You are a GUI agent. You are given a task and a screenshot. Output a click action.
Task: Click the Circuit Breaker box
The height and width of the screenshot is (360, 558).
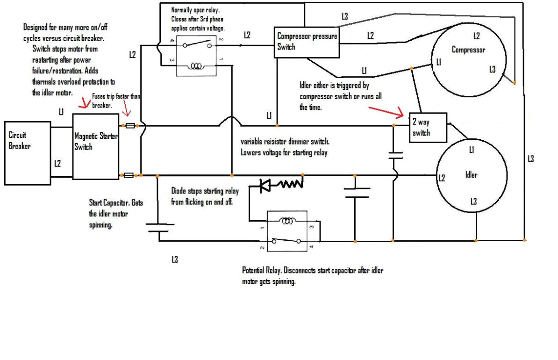click(27, 152)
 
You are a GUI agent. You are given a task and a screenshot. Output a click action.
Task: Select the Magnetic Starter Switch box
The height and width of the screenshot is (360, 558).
click(95, 145)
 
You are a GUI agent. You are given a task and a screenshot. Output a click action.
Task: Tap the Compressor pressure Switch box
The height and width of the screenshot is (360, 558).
click(307, 42)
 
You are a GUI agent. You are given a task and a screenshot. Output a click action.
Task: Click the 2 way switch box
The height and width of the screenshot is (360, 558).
click(428, 127)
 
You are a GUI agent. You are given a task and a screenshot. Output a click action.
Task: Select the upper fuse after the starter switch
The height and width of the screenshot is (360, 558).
click(132, 126)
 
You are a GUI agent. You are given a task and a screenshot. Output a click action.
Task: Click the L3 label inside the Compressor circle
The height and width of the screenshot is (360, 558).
click(493, 69)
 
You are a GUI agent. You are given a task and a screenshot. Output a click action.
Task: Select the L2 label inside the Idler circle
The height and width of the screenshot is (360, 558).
click(442, 177)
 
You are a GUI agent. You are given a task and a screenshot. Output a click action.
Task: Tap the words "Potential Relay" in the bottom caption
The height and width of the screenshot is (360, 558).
click(261, 271)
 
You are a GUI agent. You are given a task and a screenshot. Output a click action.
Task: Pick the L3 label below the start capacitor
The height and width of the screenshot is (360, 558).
click(174, 259)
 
